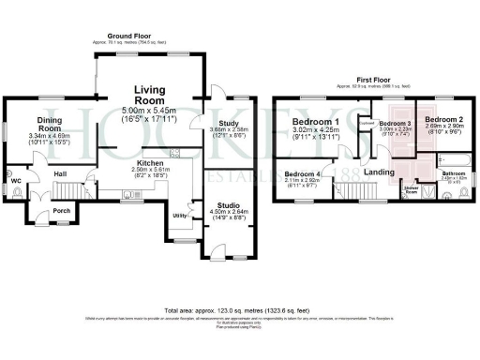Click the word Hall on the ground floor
(x=59, y=174)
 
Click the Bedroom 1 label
(x=315, y=122)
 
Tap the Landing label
(x=379, y=172)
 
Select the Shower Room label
(x=411, y=191)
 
